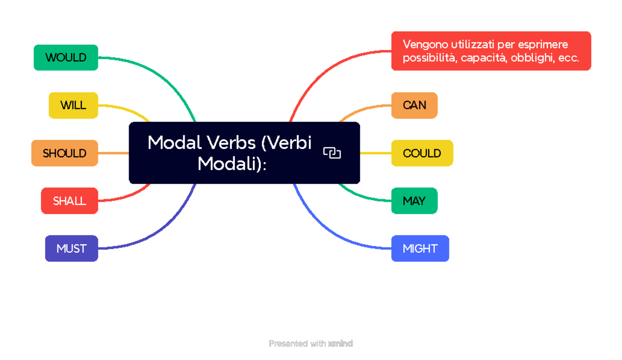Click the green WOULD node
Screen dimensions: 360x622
[66, 58]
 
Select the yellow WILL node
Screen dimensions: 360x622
[73, 105]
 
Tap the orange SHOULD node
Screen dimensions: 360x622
[65, 153]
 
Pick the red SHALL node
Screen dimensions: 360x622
[69, 201]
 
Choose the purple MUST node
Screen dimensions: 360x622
[72, 248]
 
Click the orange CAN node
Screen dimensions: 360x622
[414, 105]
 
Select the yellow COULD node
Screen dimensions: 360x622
[422, 153]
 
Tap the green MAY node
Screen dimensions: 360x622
[414, 201]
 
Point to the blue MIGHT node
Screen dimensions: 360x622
[420, 248]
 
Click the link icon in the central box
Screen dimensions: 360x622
[332, 153]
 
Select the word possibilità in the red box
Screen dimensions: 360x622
[430, 58]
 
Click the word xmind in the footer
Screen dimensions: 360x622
[341, 343]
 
